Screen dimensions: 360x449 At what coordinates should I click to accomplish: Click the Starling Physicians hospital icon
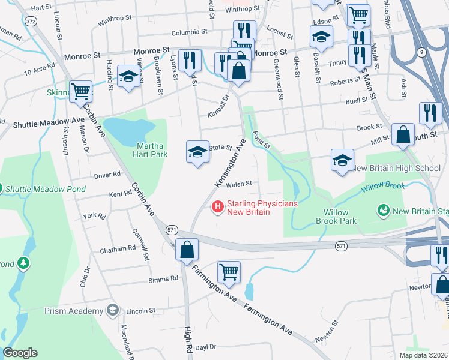tap(218, 208)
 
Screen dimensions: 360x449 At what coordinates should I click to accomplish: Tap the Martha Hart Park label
tap(151, 150)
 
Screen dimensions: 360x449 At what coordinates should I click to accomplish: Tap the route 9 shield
tap(423, 52)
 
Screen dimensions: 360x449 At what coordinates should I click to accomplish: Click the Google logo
tap(20, 353)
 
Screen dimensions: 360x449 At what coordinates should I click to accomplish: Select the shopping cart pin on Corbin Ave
tap(80, 92)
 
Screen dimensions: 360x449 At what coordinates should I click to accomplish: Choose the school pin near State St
tap(198, 152)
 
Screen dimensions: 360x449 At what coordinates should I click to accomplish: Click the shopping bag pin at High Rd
tap(187, 249)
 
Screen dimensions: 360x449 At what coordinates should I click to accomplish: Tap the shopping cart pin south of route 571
tap(229, 272)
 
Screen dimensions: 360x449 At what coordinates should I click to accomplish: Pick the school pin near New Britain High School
tap(342, 160)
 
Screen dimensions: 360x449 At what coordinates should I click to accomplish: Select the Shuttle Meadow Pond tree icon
tap(2, 188)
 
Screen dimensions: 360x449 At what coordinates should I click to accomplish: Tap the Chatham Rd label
tap(118, 248)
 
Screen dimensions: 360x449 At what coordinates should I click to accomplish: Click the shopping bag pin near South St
tap(403, 135)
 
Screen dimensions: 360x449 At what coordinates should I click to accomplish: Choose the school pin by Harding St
tap(128, 76)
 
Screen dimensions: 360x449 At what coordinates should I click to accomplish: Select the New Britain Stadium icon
tap(382, 211)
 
